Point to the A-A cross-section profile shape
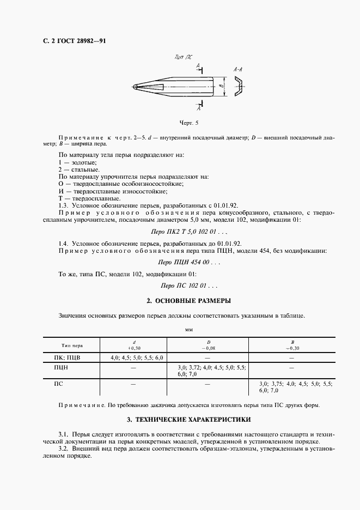(x=239, y=87)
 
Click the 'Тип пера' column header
(x=71, y=345)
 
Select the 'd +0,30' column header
(x=133, y=345)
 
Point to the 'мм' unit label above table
(x=188, y=330)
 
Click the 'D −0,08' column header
(x=208, y=345)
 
